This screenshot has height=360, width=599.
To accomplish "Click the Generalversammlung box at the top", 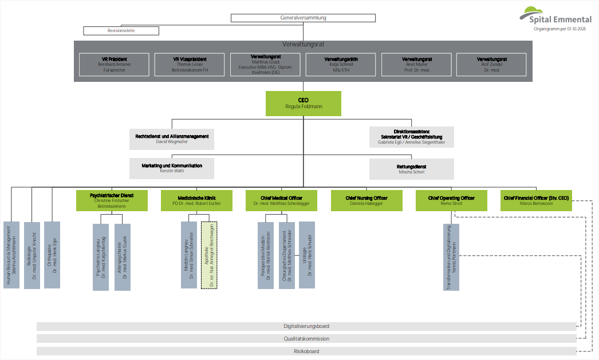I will [303, 18].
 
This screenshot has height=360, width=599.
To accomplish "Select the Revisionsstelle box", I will [121, 30].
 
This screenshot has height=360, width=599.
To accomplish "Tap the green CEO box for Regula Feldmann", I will [303, 103].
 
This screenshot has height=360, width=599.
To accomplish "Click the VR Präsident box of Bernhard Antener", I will [115, 65].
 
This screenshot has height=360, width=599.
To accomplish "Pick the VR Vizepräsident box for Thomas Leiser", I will [190, 65].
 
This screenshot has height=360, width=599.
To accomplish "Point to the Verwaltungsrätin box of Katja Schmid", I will [341, 65].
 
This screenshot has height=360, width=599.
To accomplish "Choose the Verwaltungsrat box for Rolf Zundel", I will [491, 65].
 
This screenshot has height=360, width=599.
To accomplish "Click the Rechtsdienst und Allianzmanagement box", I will [172, 139].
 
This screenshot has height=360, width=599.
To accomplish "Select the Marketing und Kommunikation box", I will [172, 168].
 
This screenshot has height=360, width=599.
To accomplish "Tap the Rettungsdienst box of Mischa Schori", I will [411, 169].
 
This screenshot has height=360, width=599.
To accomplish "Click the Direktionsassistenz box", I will [411, 137].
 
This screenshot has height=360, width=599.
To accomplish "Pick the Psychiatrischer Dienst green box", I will [112, 200].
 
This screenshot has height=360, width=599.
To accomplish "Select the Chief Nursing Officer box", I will [366, 200].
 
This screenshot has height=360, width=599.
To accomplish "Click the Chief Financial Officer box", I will [536, 200].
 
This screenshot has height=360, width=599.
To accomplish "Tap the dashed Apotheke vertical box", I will [210, 255].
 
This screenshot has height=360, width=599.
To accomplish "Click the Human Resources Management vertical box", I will [11, 255].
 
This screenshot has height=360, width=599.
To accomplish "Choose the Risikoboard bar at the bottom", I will [306, 351].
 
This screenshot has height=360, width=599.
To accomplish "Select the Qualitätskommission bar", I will [306, 339].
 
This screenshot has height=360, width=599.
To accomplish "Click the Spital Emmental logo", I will [555, 17].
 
